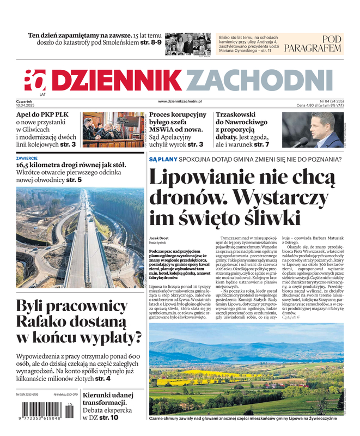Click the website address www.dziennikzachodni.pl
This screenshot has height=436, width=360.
click(x=180, y=101)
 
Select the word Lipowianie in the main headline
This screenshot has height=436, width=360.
click(x=206, y=178)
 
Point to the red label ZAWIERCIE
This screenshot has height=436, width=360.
click(x=27, y=158)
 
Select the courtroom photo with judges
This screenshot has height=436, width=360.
click(x=114, y=130)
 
